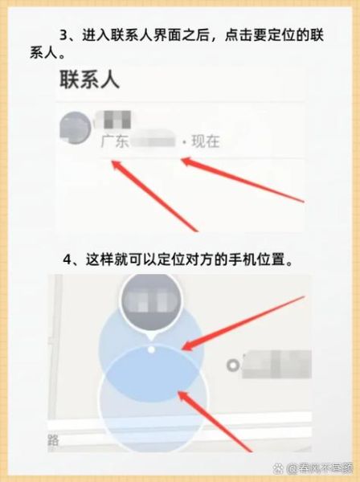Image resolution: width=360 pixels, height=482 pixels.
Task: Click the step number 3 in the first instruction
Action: (65, 36)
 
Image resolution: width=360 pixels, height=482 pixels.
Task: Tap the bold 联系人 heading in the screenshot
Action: (89, 80)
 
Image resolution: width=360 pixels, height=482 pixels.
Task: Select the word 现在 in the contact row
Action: (205, 142)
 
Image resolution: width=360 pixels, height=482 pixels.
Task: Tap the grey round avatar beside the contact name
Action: (76, 127)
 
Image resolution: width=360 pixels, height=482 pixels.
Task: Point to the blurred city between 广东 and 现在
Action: (154, 142)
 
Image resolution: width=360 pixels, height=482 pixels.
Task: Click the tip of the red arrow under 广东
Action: (112, 163)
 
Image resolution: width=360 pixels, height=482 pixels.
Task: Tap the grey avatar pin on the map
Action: (150, 305)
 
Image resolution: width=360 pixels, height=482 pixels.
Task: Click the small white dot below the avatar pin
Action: (151, 349)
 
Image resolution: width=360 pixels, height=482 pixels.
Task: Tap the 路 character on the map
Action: (54, 440)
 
